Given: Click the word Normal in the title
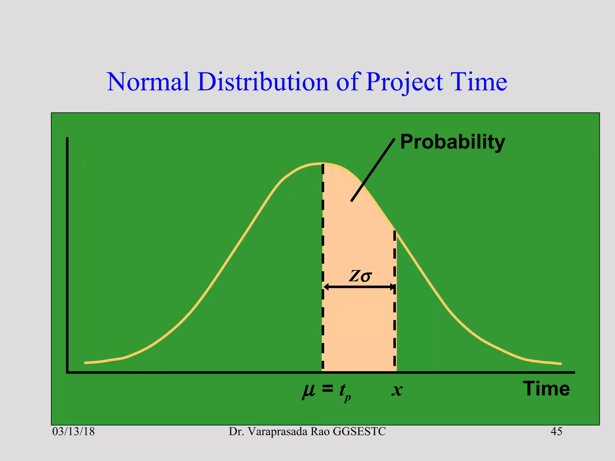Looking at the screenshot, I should pos(148,82).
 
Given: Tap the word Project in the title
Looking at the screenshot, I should pos(404,82).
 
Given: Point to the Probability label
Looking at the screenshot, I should pos(452,142).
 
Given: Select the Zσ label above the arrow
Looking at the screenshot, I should pos(360,276).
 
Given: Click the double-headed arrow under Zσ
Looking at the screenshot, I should pos(359,287).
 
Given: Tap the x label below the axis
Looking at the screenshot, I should pos(397,390).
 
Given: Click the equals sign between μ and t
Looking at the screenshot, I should pos(327,389).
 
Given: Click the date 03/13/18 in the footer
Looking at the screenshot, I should pos(74,432).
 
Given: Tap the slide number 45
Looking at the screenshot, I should pos(556,432).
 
